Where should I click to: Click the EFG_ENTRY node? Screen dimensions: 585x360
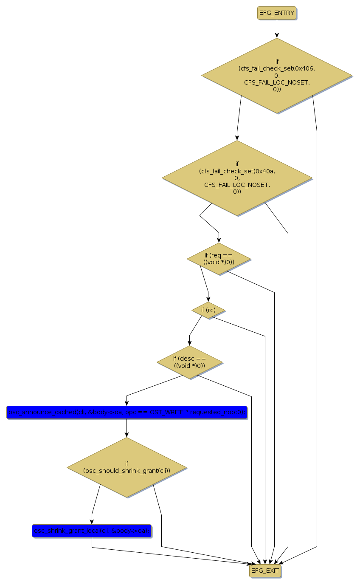pyautogui.click(x=276, y=13)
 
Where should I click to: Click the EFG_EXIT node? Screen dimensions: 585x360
pyautogui.click(x=265, y=571)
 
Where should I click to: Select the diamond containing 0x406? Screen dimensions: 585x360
pyautogui.click(x=277, y=76)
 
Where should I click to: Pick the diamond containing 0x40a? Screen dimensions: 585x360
pyautogui.click(x=237, y=178)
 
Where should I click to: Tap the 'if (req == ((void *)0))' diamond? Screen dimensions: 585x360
pyautogui.click(x=219, y=259)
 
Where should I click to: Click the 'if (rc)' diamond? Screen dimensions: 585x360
pyautogui.click(x=208, y=310)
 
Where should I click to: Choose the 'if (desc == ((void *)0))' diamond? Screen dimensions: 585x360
pyautogui.click(x=189, y=362)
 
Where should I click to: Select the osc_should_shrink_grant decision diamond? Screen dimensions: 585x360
pyautogui.click(x=127, y=467)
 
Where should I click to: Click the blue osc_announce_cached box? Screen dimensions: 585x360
pyautogui.click(x=127, y=412)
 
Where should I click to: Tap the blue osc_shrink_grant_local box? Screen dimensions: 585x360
pyautogui.click(x=92, y=531)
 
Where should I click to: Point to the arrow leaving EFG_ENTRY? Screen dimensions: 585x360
pyautogui.click(x=277, y=28)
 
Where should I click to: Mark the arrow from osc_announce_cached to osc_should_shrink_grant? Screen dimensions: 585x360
pyautogui.click(x=127, y=428)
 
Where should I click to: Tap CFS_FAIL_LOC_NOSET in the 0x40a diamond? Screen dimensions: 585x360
pyautogui.click(x=237, y=185)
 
